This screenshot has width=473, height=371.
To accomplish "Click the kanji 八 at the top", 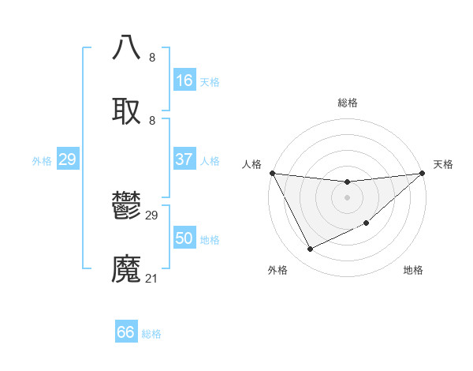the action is pos(127,47).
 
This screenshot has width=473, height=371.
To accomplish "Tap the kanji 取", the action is pos(127,111).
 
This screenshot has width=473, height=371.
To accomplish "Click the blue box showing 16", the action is pos(184,81).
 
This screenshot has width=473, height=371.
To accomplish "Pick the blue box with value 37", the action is pos(184,159).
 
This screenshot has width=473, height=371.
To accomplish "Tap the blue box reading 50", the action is pos(184,238).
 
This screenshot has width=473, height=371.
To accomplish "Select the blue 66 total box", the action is pos(126,332).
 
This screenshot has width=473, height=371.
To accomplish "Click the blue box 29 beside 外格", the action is pos(68,159).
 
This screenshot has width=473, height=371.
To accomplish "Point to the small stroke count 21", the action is pos(152,278).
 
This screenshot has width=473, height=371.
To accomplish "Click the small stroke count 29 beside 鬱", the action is pos(152,215).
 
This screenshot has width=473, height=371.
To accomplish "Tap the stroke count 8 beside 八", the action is pos(152,57).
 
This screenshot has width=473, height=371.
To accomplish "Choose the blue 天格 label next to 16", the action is pos(210,81).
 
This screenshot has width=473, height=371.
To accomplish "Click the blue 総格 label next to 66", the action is pos(151,333).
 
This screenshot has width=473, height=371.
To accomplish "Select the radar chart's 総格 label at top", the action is pos(347,103).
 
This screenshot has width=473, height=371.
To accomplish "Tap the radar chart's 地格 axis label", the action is pos(413,270).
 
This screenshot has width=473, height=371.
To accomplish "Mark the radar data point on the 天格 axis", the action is pos(422,173).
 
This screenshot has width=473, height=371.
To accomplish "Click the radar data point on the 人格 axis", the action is pos(272,173).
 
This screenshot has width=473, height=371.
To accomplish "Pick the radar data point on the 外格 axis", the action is pos(310,249).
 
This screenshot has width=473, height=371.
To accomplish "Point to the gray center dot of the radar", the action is pos(347,197).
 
